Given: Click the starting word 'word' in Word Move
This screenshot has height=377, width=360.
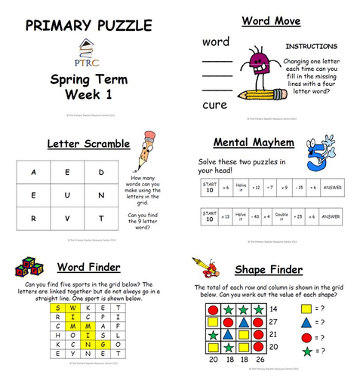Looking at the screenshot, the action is (x=217, y=41).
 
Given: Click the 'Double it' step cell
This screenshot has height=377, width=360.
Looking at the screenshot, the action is (x=284, y=216).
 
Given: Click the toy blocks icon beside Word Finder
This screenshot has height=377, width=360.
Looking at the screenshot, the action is (x=30, y=268).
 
